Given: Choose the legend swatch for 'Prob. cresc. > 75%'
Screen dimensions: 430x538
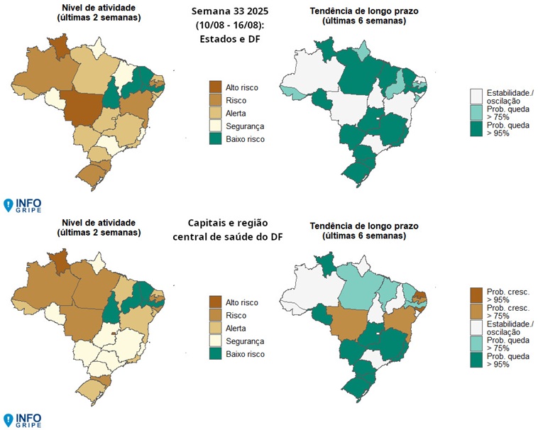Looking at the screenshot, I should tap(476, 312).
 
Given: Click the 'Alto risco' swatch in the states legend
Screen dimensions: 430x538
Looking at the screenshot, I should tap(215, 87).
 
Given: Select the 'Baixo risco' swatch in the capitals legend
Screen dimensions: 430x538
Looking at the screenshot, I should tap(215, 353).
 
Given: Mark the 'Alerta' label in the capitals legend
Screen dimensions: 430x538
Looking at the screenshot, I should tap(237, 327).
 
